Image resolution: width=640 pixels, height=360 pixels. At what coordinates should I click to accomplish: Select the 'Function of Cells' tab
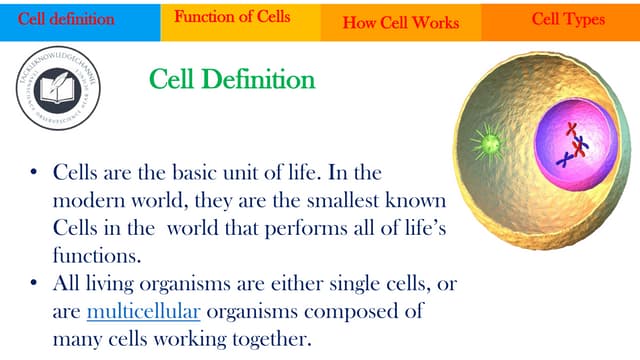point(232,17)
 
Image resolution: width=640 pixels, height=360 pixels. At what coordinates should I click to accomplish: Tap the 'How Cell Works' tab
point(400,22)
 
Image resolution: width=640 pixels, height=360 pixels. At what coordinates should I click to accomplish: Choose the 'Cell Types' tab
point(568,19)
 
